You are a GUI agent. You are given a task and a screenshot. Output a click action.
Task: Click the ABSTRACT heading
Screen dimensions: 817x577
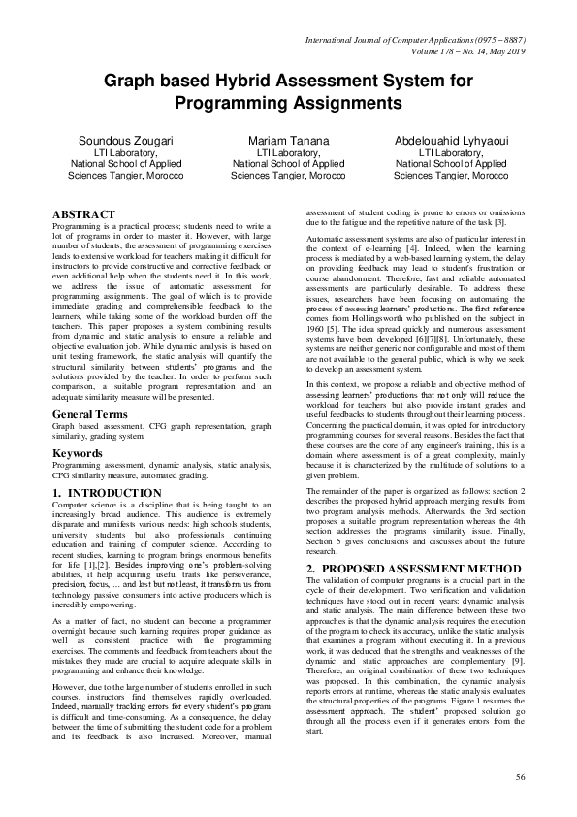(83, 214)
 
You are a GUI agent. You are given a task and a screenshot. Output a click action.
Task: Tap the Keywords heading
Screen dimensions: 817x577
(79, 452)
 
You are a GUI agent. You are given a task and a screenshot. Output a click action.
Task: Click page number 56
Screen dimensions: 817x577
(520, 777)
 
